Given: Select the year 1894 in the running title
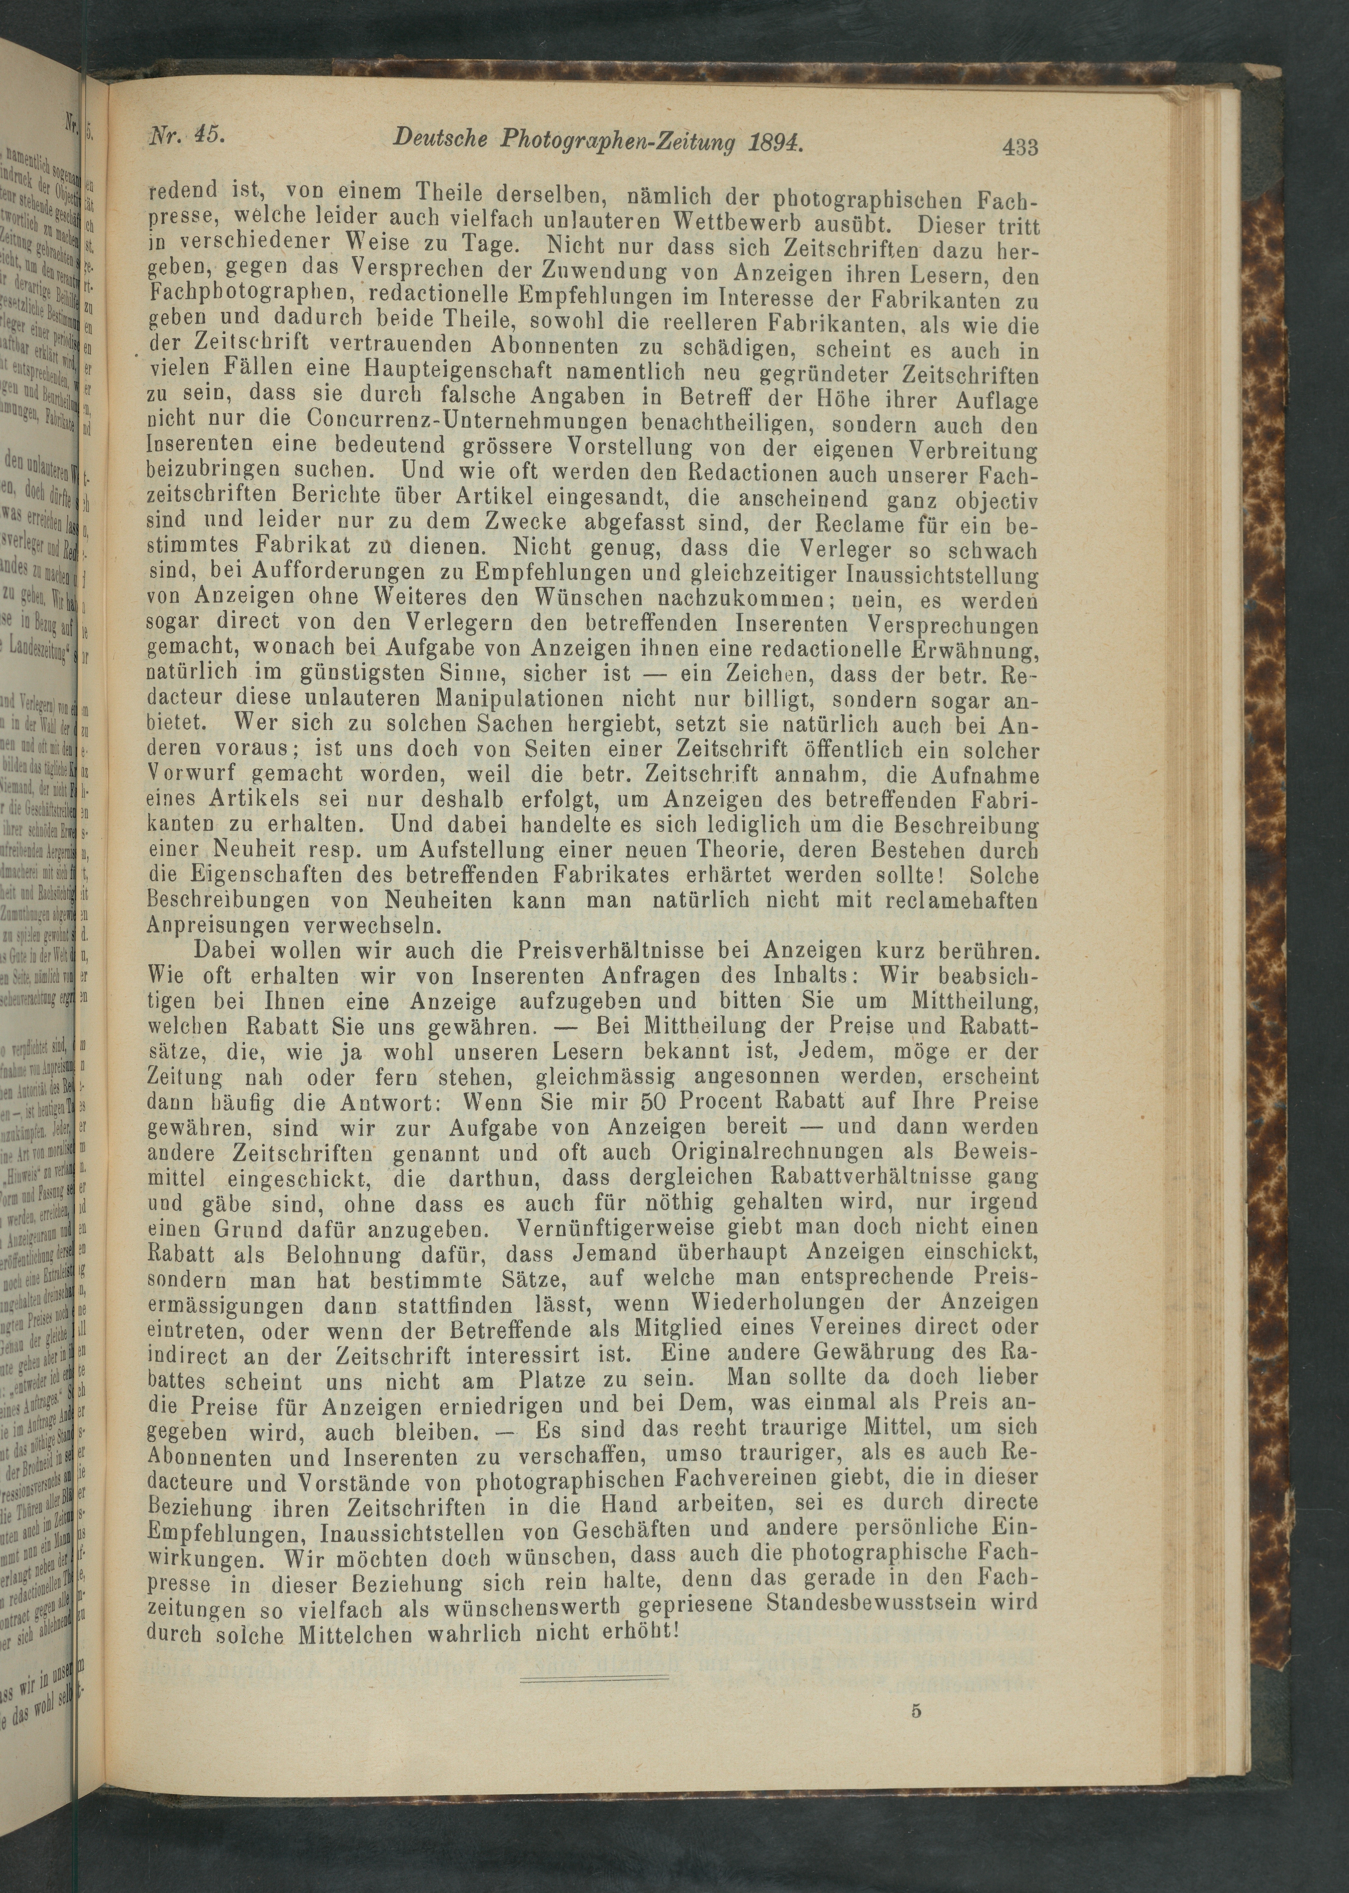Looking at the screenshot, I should (774, 141).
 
